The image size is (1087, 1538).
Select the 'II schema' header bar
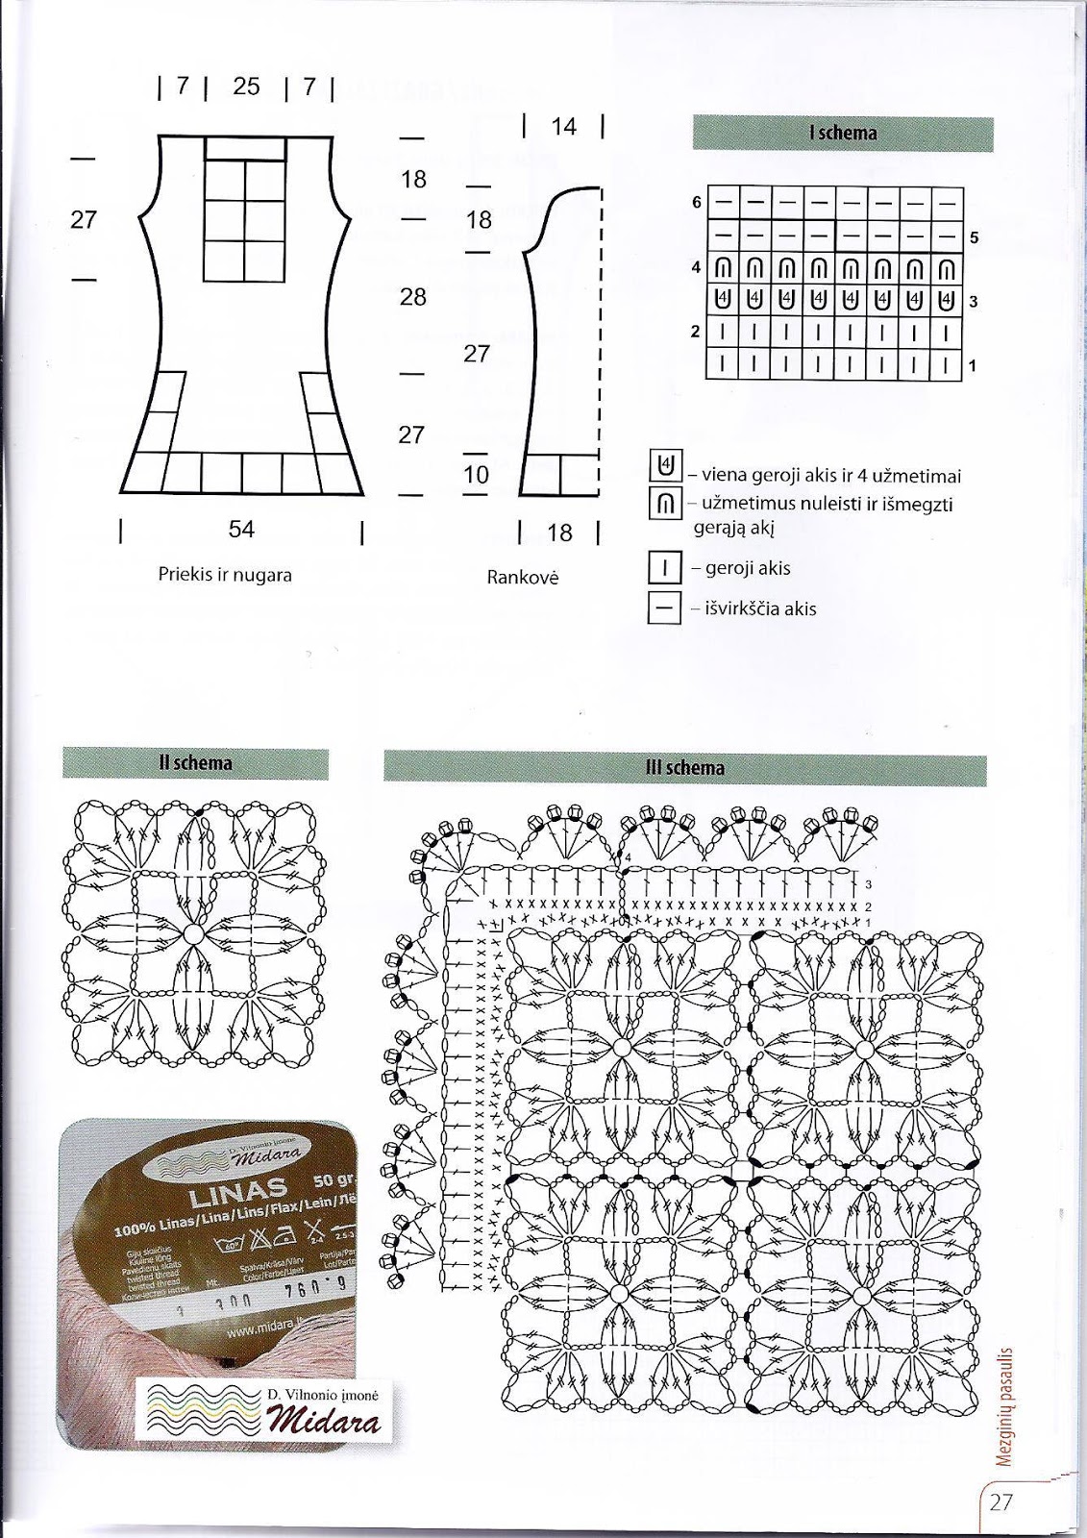coord(195,763)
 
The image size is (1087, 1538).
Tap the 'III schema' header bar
coord(684,767)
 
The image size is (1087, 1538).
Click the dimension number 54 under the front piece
coord(241,530)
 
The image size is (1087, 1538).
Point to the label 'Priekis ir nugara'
coord(225,575)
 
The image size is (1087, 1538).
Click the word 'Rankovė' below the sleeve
coord(523,578)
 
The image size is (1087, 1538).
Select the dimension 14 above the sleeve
coord(563,126)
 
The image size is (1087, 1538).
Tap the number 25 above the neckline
coord(246,87)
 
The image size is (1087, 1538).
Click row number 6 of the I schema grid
coord(697,202)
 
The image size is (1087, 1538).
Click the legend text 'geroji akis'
coord(748,568)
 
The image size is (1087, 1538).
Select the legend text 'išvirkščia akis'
coord(760,608)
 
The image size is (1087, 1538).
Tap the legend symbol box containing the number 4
coord(664,466)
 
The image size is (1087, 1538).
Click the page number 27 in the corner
coord(1001,1501)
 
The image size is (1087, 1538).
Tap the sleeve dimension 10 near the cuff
coord(476,474)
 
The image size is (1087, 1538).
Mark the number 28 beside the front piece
coord(412,297)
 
